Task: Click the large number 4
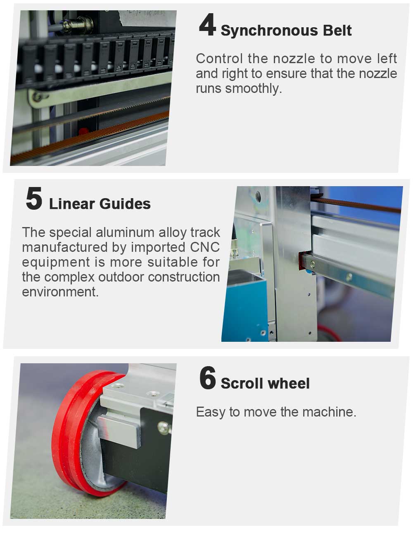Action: (207, 26)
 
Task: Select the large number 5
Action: (34, 199)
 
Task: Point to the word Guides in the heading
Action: (125, 204)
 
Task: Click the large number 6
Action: (208, 378)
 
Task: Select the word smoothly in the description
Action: (254, 89)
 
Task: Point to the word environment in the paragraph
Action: (60, 292)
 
